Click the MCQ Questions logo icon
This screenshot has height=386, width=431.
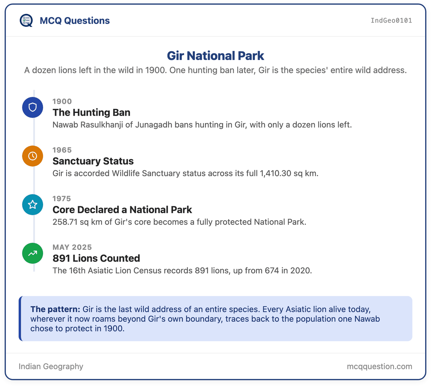(26, 20)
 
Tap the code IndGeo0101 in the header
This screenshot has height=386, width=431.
(391, 20)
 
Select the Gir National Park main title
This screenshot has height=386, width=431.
(215, 56)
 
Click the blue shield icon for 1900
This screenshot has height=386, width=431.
(33, 108)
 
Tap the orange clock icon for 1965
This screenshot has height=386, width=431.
(33, 156)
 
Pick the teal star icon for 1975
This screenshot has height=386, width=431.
(33, 205)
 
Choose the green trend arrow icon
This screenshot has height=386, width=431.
(33, 253)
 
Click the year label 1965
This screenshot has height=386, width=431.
(62, 150)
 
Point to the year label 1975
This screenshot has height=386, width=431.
(62, 199)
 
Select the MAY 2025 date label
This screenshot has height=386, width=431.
(72, 247)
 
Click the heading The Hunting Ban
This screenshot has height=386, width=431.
(92, 113)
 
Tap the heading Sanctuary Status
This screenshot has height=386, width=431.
(93, 161)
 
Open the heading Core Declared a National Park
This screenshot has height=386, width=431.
(122, 210)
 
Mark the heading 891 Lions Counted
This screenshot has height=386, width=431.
(96, 258)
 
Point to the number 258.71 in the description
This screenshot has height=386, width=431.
(65, 222)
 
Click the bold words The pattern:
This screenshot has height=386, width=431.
(55, 309)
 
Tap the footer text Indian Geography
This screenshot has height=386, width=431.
(51, 366)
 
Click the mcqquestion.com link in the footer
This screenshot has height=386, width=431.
(379, 366)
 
